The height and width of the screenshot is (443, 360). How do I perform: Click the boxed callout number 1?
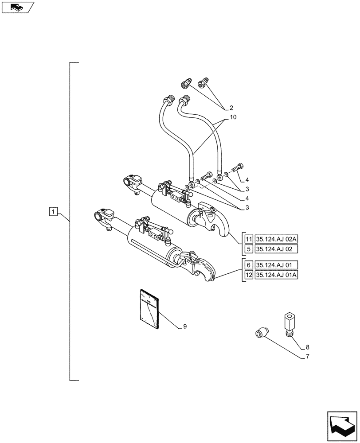[x=53, y=212]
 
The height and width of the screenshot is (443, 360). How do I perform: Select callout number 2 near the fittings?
[x=231, y=108]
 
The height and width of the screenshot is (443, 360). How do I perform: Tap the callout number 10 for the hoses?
[x=233, y=117]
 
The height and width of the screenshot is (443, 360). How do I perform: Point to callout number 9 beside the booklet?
[x=184, y=326]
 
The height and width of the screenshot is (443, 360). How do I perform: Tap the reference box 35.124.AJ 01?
[x=276, y=265]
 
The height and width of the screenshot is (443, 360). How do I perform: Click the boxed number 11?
[x=248, y=238]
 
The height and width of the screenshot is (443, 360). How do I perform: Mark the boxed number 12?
[x=248, y=275]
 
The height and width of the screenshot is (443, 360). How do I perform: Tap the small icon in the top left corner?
[x=18, y=8]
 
